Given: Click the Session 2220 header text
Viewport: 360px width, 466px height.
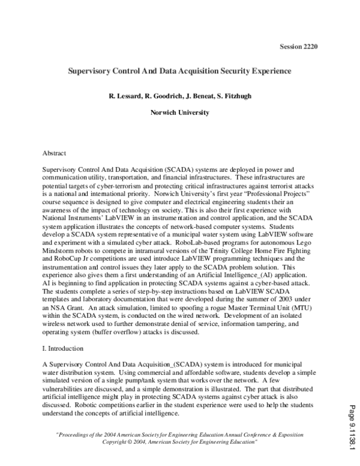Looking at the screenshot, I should pos(299,46).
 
